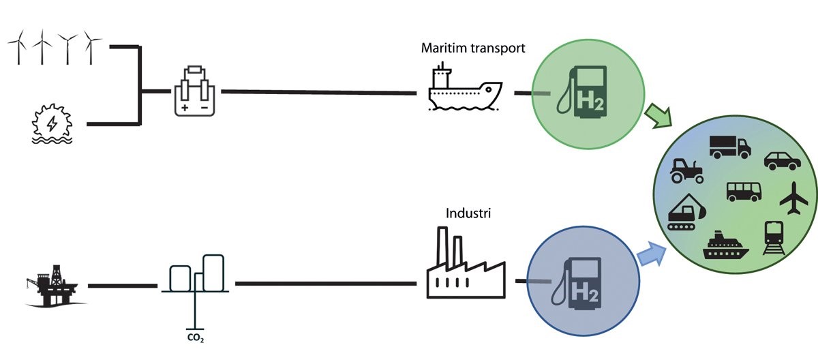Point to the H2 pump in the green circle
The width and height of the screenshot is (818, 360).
(586, 91)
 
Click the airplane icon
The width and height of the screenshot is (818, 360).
(792, 198)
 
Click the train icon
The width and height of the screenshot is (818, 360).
(775, 238)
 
